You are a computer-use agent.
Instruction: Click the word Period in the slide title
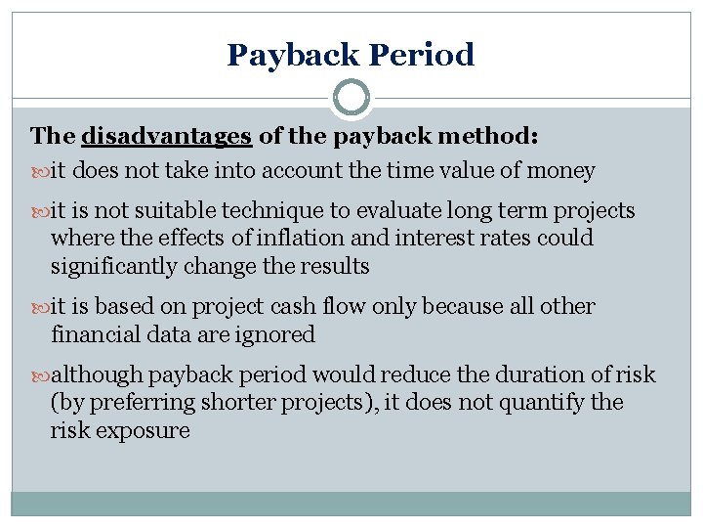[423, 55]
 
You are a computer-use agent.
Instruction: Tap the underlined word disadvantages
[168, 135]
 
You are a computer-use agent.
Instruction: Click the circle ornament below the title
[351, 99]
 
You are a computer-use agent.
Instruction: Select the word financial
[95, 333]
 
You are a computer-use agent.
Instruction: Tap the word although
[96, 374]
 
